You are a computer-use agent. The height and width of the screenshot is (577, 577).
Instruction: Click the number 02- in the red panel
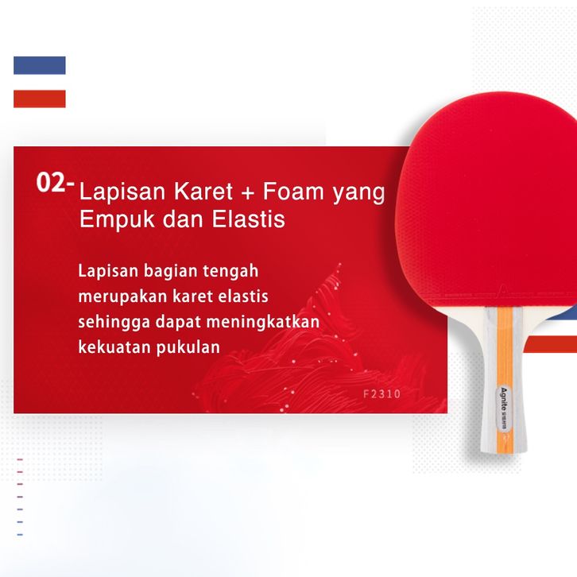tap(55, 183)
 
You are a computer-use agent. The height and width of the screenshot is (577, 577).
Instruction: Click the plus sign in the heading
tap(248, 193)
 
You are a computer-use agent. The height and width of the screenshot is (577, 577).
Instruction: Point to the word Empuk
tap(117, 220)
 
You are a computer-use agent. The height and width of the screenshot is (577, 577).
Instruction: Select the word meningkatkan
tap(263, 323)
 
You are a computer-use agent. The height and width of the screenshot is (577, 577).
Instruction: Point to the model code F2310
tap(381, 394)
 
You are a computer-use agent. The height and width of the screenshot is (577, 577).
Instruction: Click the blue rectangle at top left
tap(40, 65)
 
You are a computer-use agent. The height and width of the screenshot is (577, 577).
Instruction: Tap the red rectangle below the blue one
tap(40, 99)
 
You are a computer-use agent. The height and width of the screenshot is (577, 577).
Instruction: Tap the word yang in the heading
tap(358, 194)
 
